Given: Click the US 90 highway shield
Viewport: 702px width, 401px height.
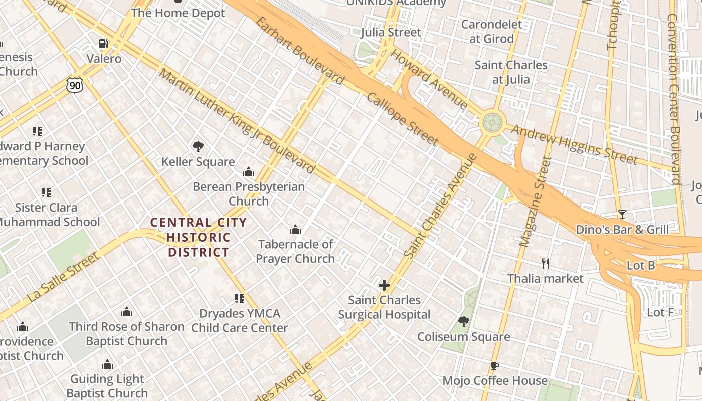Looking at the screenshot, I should coord(74,85).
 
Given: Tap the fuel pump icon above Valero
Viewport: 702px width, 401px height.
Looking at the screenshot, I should coord(104,44).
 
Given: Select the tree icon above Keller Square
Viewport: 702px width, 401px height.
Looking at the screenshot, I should coord(198,147).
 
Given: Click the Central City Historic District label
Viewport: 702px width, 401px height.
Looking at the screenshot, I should coord(199,237).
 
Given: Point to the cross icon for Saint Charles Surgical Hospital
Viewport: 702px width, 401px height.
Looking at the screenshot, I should coord(384,285).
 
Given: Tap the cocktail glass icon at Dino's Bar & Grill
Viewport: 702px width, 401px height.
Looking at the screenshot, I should coord(622,215).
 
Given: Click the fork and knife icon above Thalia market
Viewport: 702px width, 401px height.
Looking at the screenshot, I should coord(546,263).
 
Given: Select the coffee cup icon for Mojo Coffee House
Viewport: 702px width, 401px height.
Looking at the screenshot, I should coord(494,366).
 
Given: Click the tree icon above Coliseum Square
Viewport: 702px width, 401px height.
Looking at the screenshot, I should coord(464,322).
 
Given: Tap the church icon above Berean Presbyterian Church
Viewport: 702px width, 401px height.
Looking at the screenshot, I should coord(249,172).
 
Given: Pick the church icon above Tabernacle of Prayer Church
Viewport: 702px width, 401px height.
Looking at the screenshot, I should coord(295,230).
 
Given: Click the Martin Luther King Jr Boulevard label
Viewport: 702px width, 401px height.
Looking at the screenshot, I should coord(237,121).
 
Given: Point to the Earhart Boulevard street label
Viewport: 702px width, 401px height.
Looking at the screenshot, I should coord(299,50).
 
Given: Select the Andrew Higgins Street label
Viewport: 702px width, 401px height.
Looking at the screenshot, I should coord(575,145).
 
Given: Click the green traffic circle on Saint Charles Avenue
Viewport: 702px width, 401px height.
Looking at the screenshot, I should coord(492,122).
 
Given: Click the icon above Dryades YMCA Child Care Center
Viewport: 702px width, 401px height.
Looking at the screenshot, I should coord(240,299).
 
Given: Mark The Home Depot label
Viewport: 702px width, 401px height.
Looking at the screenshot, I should coord(178,13).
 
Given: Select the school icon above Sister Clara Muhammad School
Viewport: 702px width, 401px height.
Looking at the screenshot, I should coord(46,192).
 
